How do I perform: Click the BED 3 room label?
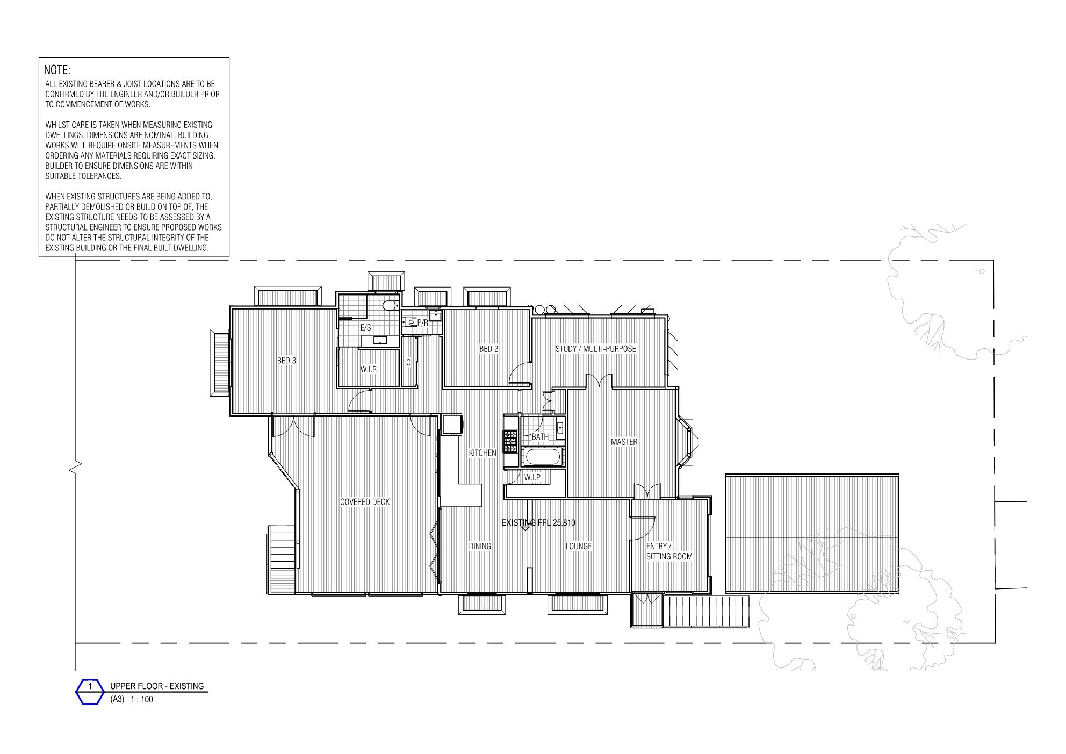286,361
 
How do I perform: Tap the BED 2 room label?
488,349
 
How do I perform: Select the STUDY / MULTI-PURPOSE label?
595,349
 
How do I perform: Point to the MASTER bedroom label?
624,442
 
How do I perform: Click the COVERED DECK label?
365,502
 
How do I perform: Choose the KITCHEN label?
482,453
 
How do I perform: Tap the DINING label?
480,546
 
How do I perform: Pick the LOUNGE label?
578,546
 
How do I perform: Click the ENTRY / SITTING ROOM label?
669,551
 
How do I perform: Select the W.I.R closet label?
368,370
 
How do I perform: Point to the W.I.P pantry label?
532,477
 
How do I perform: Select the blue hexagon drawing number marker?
90,692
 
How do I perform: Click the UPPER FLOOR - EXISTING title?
157,686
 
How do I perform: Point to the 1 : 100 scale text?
142,700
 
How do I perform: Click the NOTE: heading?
57,70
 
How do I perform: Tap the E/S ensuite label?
365,327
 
